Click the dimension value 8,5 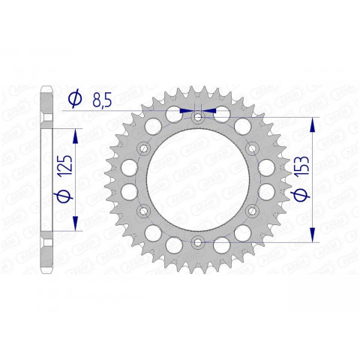click(x=106, y=97)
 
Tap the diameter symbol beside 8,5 click(x=75, y=97)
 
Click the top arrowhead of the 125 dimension click(x=75, y=133)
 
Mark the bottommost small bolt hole click(x=197, y=241)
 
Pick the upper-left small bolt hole click(x=143, y=148)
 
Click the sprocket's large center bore click(x=197, y=179)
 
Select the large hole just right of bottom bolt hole click(x=220, y=245)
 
